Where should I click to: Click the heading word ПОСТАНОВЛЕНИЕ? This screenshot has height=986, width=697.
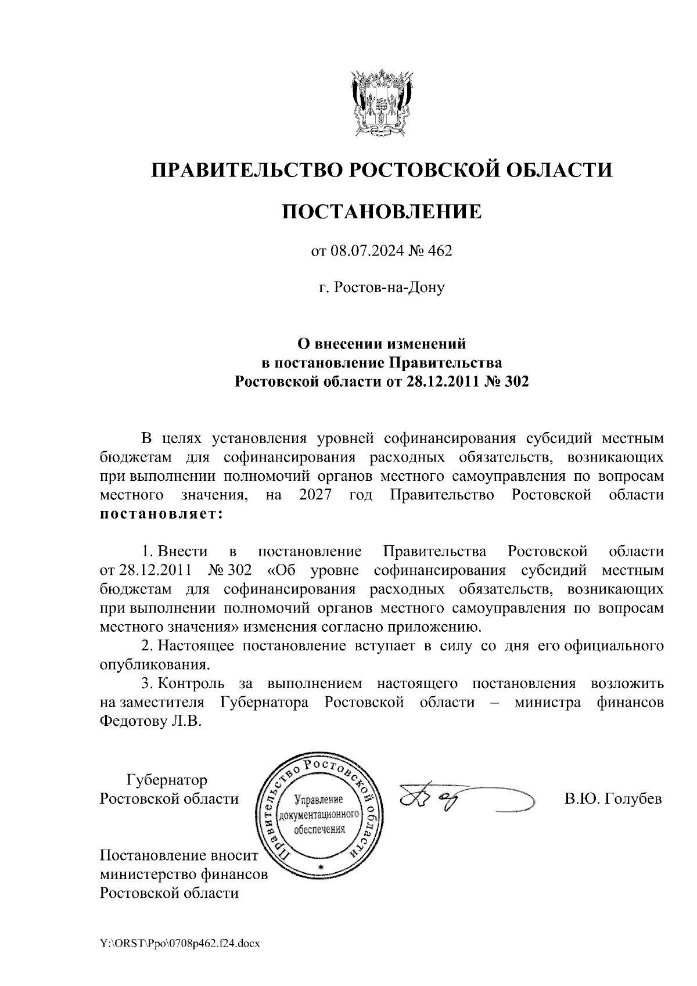click(382, 211)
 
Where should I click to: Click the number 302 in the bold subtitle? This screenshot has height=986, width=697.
click(518, 382)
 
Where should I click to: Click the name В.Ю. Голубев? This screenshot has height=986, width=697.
click(613, 800)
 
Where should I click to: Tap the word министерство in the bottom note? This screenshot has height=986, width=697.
click(149, 874)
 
